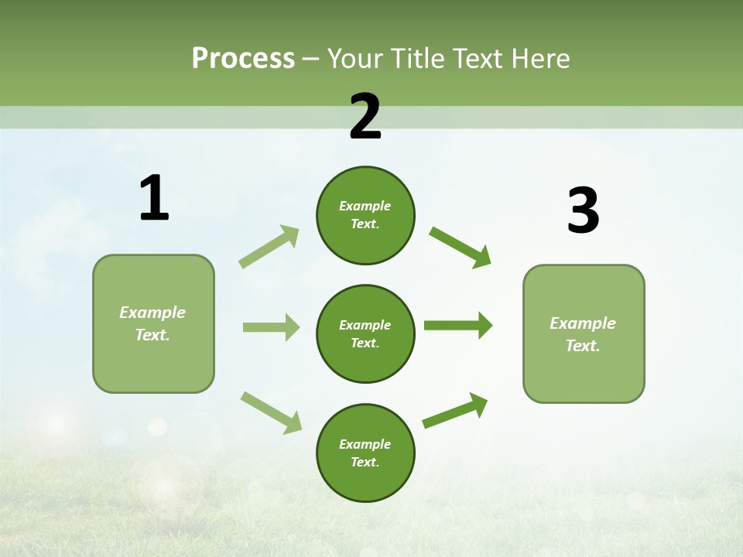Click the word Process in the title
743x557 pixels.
tap(243, 59)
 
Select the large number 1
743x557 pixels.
tap(154, 198)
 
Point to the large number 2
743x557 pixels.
tap(365, 118)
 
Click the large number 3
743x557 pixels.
tap(583, 210)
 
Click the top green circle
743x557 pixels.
tap(365, 215)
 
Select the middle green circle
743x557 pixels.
tap(365, 333)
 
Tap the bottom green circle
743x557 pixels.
tap(365, 453)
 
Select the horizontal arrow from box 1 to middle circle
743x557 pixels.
tap(271, 327)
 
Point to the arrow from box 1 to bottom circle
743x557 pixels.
tap(271, 412)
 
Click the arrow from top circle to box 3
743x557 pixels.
tap(460, 247)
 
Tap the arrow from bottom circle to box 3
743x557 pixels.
tap(455, 411)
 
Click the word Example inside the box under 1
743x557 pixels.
tap(152, 313)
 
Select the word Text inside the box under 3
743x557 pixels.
tap(582, 346)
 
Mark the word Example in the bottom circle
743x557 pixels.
tap(365, 444)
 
